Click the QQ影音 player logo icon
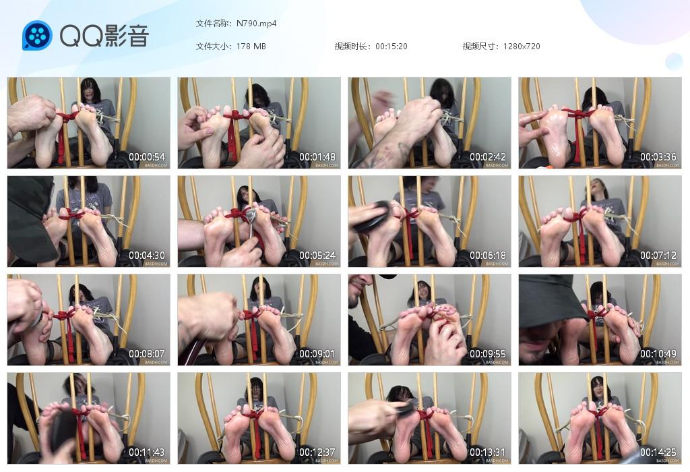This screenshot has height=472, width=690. (x=37, y=36)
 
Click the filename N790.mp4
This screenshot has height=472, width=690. (x=257, y=24)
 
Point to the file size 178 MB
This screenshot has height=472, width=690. (x=251, y=47)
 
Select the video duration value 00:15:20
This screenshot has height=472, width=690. (x=391, y=47)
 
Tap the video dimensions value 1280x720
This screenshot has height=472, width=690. (x=522, y=47)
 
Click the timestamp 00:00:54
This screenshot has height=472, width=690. (x=147, y=157)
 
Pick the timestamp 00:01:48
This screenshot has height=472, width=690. (x=317, y=157)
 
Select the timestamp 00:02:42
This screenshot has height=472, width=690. (x=488, y=157)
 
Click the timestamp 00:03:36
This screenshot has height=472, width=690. (x=658, y=157)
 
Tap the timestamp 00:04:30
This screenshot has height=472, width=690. (x=147, y=256)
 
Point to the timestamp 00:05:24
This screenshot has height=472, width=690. (x=317, y=256)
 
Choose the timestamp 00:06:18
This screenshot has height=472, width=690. (x=488, y=256)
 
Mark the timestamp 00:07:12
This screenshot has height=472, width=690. (x=658, y=256)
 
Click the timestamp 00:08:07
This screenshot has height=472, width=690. (x=147, y=354)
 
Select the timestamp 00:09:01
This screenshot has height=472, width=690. (x=317, y=354)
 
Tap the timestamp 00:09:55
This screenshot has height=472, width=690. (x=488, y=354)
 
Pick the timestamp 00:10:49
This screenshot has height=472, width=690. (x=658, y=354)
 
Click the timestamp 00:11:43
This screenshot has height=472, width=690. (x=147, y=452)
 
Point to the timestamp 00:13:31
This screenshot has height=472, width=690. (x=488, y=452)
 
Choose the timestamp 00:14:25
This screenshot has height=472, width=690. (x=658, y=452)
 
